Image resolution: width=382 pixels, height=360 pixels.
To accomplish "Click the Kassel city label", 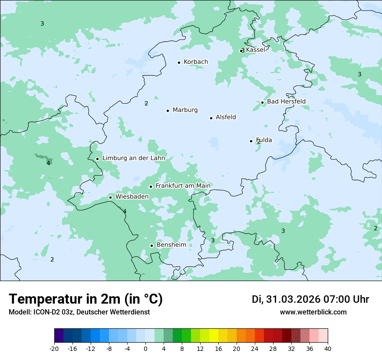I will tap(255, 50).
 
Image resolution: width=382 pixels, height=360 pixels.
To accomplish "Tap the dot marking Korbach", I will tap(179, 62).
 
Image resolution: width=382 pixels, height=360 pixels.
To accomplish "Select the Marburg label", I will tap(185, 110).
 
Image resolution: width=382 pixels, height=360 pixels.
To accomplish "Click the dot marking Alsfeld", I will tap(211, 118).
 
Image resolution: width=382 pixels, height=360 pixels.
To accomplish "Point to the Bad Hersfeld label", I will tap(286, 101).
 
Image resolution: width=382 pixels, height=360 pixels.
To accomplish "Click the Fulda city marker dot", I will tap(251, 141).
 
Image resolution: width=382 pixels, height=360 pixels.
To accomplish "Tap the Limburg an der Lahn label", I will tap(133, 158).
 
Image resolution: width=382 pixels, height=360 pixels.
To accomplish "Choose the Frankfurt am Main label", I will tap(183, 186).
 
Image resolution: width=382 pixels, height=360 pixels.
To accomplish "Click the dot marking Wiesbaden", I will tap(110, 197).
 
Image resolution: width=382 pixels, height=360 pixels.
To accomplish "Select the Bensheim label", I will tap(171, 245).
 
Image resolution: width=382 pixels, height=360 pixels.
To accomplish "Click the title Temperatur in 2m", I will tap(86, 299).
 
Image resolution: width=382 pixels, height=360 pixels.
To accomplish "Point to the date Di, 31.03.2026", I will tap(286, 299).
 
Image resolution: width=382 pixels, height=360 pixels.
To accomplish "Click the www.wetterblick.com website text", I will tap(313, 312).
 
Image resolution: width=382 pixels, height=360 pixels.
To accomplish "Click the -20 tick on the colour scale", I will tap(54, 349).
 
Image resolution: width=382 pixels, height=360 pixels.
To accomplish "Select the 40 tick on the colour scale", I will tap(328, 349).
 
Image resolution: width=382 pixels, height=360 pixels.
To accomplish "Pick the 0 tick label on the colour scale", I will tap(145, 349).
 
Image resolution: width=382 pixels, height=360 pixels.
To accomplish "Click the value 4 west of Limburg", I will tap(48, 163).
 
